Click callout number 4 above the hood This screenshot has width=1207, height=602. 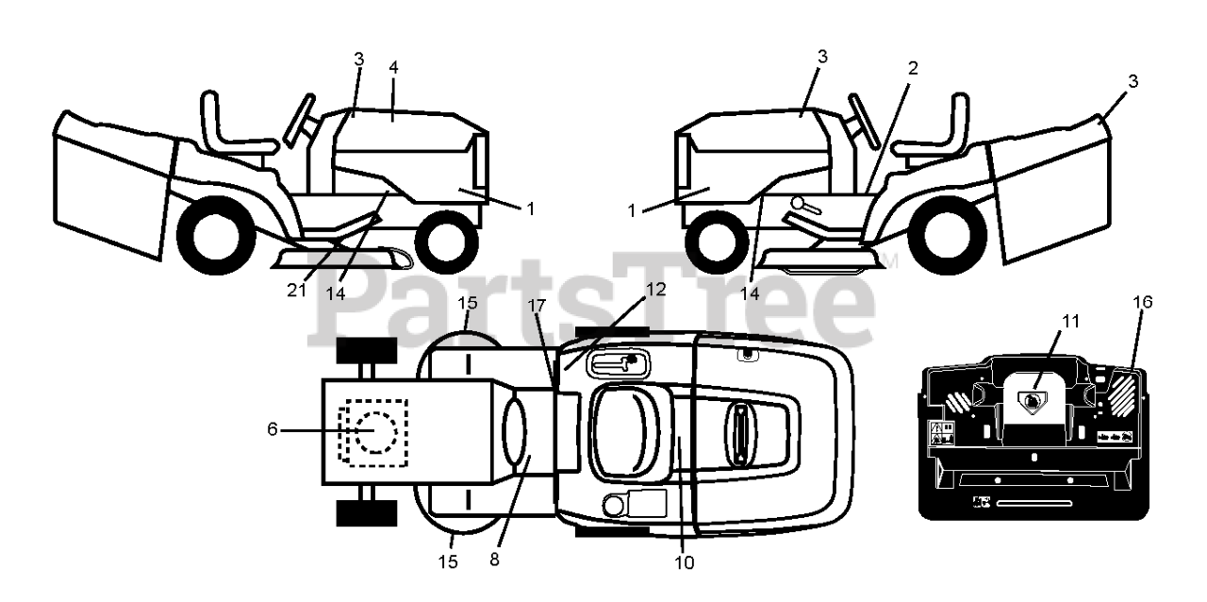[394, 68]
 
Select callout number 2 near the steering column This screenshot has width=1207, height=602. [913, 68]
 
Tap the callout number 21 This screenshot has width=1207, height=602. [298, 291]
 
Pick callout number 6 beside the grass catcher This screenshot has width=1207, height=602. [273, 429]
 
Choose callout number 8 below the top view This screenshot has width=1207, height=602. [495, 559]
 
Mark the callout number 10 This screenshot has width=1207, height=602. [685, 563]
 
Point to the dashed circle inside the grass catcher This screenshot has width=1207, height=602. [375, 433]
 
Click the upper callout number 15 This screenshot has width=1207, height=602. [468, 303]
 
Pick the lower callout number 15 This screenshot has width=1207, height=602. [449, 562]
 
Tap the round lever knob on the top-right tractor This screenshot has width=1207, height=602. [798, 201]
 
